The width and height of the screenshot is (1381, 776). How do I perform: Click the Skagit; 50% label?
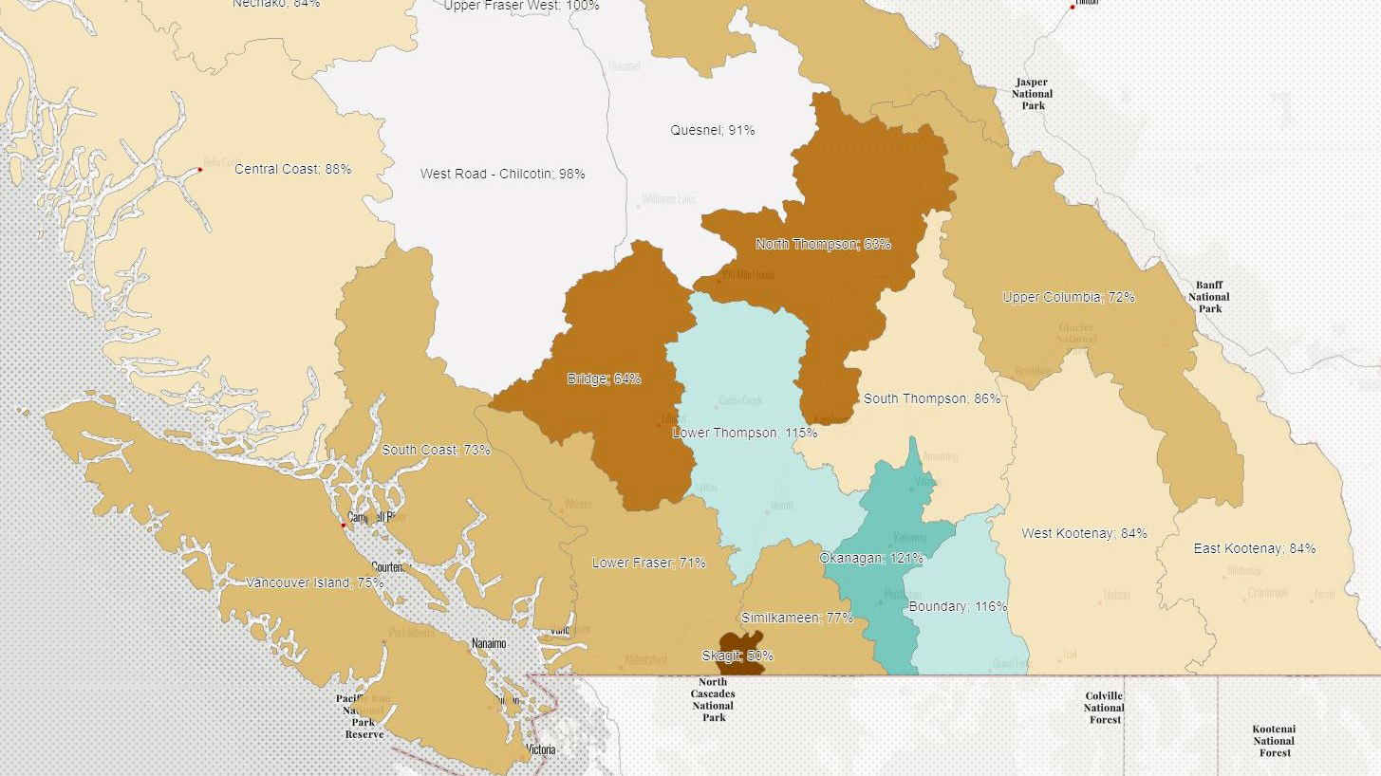pyautogui.click(x=737, y=656)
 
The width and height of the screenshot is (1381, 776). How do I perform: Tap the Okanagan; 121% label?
pyautogui.click(x=871, y=558)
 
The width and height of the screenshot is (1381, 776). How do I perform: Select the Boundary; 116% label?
pyautogui.click(x=958, y=606)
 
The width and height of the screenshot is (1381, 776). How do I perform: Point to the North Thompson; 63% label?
pyautogui.click(x=823, y=244)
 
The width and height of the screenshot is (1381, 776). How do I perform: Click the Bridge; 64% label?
pyautogui.click(x=604, y=379)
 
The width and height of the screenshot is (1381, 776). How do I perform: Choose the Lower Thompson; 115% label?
pyautogui.click(x=744, y=433)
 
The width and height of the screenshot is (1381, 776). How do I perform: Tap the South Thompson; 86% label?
pyautogui.click(x=931, y=398)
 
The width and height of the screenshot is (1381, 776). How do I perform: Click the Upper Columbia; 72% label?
pyautogui.click(x=1069, y=297)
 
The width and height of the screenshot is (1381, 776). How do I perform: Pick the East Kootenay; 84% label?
pyautogui.click(x=1255, y=548)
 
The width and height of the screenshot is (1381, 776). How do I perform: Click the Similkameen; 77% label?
pyautogui.click(x=796, y=618)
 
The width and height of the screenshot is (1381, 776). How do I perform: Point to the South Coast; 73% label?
pyautogui.click(x=436, y=450)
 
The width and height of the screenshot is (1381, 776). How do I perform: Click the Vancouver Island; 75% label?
pyautogui.click(x=314, y=582)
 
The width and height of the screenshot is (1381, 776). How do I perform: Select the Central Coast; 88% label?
pyautogui.click(x=292, y=169)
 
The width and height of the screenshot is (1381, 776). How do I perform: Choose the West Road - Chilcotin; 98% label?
pyautogui.click(x=502, y=174)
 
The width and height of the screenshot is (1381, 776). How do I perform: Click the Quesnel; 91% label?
pyautogui.click(x=712, y=130)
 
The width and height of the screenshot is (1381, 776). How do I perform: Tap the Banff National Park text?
pyautogui.click(x=1209, y=297)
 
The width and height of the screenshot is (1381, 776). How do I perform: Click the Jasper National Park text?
pyautogui.click(x=1033, y=94)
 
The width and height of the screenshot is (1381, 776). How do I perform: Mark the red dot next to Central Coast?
pyautogui.click(x=199, y=170)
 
